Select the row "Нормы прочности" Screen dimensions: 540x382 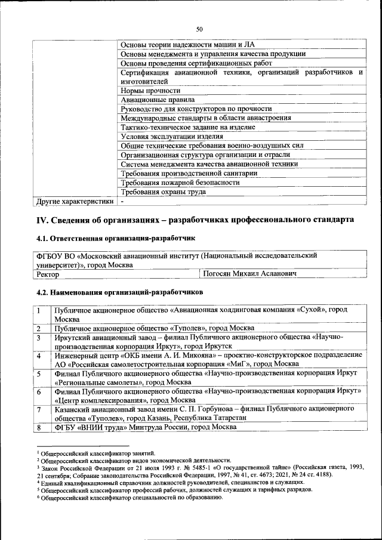tap(146, 90)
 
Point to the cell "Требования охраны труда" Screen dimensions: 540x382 tap(163, 192)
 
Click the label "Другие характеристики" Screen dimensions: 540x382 tap(75, 201)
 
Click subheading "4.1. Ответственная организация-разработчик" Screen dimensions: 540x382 tap(116, 238)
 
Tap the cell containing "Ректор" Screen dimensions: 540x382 tap(48, 274)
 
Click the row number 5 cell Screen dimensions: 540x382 tap(39, 374)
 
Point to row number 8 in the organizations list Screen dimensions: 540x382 tap(39, 427)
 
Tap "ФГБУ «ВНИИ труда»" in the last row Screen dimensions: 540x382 tap(90, 427)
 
